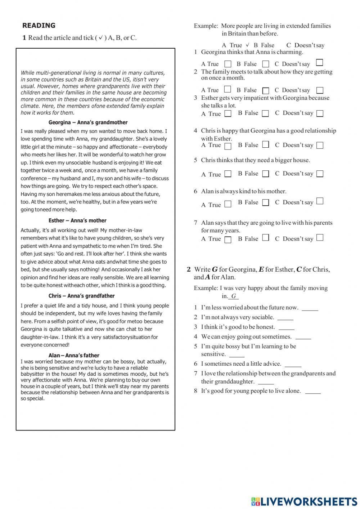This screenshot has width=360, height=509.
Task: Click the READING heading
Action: [x=39, y=26]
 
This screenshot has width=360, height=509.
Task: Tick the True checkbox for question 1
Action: [x=228, y=64]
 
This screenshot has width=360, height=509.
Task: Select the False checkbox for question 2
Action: [x=266, y=90]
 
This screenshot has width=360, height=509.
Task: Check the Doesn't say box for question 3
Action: [x=320, y=113]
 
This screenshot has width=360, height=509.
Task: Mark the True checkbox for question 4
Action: [x=228, y=146]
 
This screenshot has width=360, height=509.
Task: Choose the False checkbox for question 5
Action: [x=266, y=174]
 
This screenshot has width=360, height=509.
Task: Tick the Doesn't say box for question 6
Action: [x=320, y=201]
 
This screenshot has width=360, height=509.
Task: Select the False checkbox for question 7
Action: [x=266, y=238]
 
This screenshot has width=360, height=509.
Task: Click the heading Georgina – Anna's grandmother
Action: [x=88, y=122]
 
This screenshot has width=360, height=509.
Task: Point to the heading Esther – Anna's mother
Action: [x=77, y=220]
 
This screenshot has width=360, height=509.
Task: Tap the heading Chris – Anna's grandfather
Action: [x=81, y=296]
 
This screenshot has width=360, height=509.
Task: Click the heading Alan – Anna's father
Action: [x=74, y=355]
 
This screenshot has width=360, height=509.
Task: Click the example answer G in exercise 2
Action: [x=234, y=296]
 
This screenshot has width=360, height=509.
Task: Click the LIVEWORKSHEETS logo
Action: [x=304, y=501]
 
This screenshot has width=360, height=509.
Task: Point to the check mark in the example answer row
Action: [x=247, y=45]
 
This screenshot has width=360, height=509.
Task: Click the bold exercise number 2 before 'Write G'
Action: [x=189, y=269]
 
